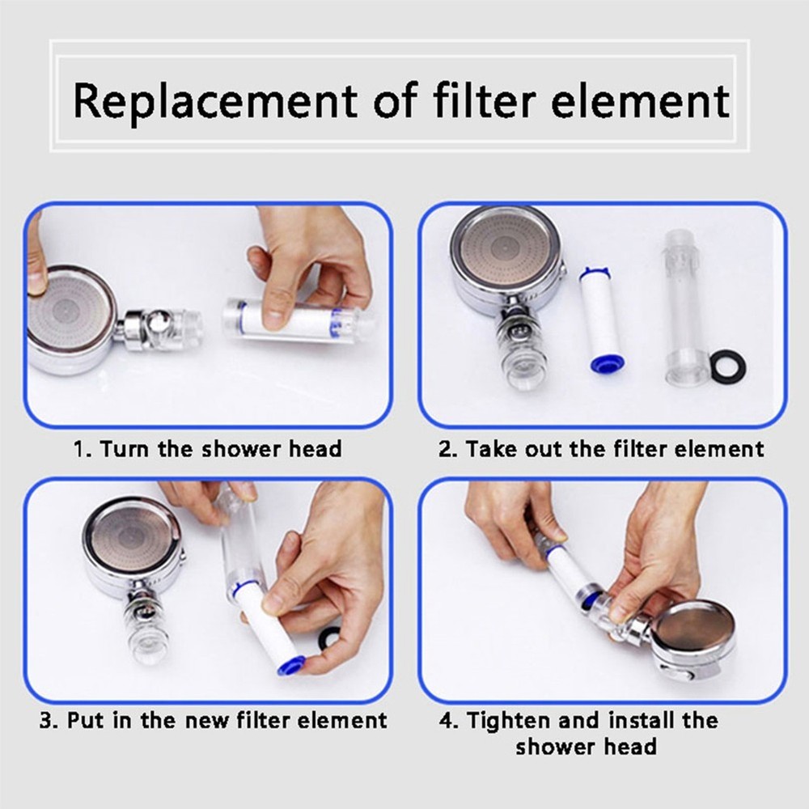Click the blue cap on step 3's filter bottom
290,666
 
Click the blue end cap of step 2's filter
604,362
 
